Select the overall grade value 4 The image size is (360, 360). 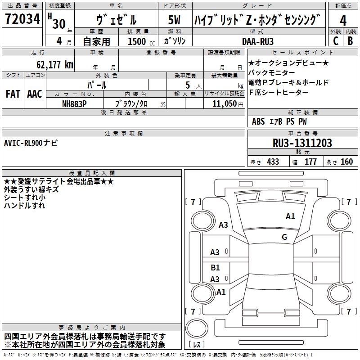point(343,21)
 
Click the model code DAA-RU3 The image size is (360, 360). point(257,41)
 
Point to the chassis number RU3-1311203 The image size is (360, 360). point(302,143)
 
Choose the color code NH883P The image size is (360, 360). point(75,103)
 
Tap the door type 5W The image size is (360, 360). point(175,21)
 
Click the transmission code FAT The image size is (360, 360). point(13,94)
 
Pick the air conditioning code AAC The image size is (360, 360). point(34,94)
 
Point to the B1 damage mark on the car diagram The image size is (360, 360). point(215,268)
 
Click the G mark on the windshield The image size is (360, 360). point(284,237)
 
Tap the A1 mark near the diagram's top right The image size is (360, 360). point(290,216)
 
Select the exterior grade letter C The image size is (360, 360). point(335,40)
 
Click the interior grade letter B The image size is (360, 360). point(351,40)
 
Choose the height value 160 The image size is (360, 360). point(346,162)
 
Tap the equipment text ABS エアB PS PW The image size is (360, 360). point(279,121)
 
